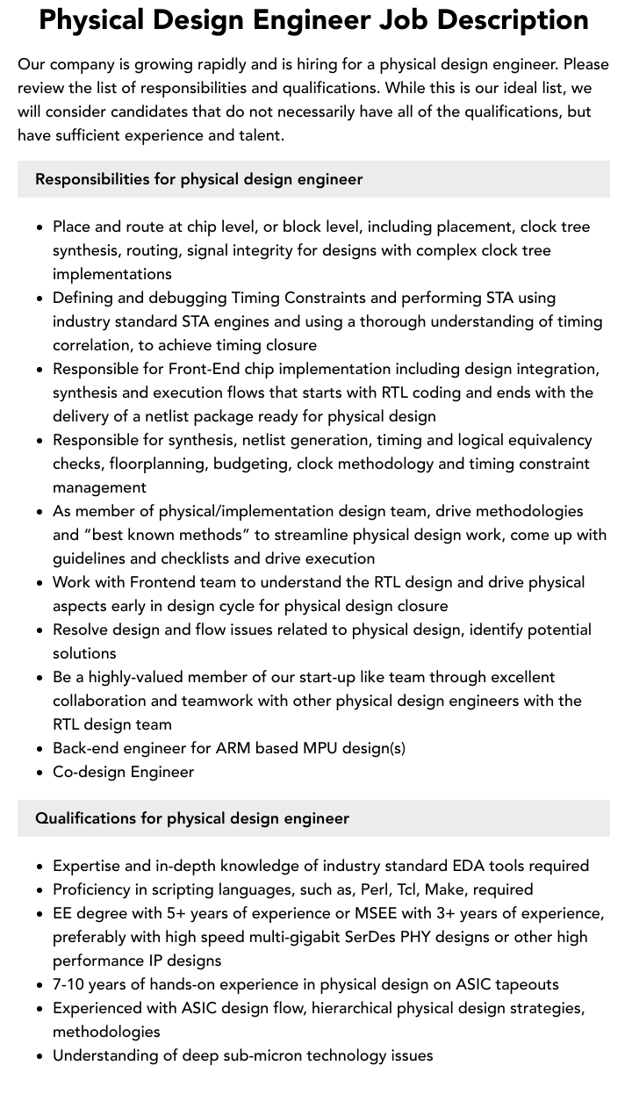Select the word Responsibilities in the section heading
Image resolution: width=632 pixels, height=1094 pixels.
pyautogui.click(x=92, y=179)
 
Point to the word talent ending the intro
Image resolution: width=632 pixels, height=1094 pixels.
pyautogui.click(x=258, y=135)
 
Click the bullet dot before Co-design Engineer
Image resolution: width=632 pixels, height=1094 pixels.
pyautogui.click(x=40, y=773)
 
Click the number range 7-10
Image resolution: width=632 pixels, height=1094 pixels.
pyautogui.click(x=72, y=984)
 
